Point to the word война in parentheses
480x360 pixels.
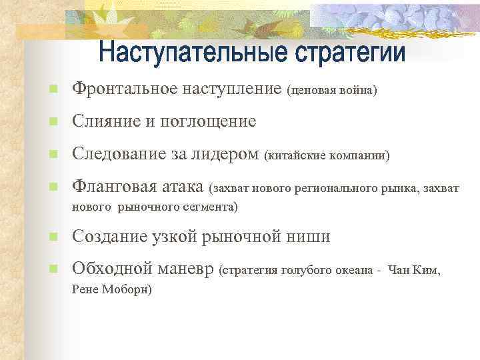(x=359, y=89)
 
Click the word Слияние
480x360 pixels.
(x=102, y=121)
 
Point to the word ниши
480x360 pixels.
(x=311, y=237)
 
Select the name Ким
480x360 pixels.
(x=427, y=271)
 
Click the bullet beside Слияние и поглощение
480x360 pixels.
(x=54, y=122)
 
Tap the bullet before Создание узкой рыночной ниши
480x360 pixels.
(x=54, y=237)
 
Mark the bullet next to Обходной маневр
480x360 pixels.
(x=54, y=270)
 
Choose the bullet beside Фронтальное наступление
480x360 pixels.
(x=54, y=89)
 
